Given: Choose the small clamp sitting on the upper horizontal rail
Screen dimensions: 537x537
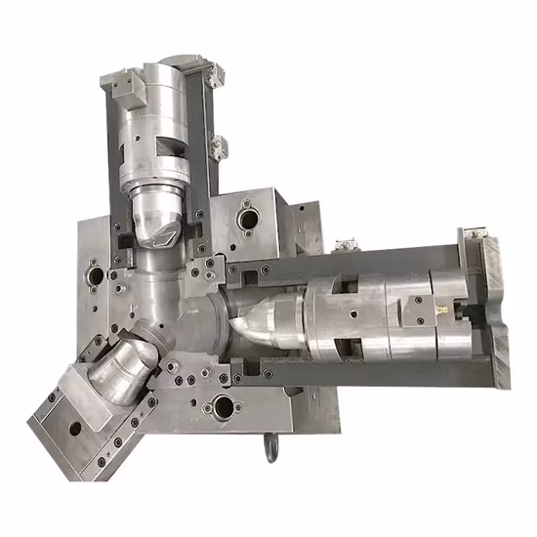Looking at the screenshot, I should coord(342,244).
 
